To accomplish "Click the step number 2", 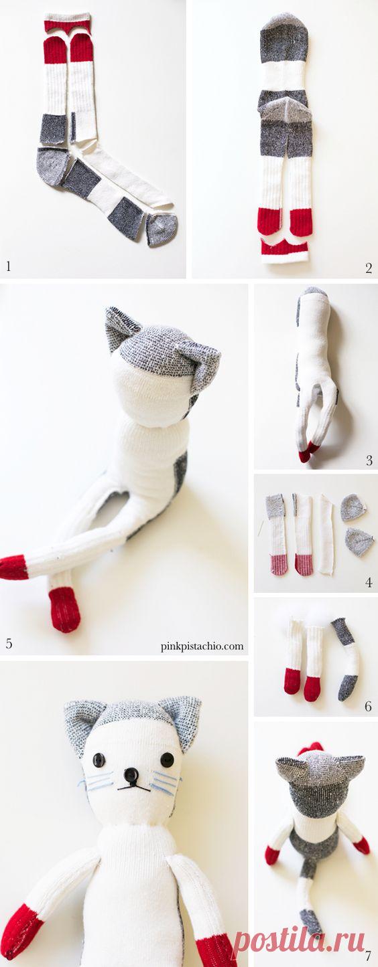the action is pyautogui.click(x=369, y=268).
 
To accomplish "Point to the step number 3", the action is pyautogui.click(x=369, y=460).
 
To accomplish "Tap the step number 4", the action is pyautogui.click(x=369, y=582).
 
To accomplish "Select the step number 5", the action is pyautogui.click(x=9, y=644).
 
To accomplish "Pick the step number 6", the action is pyautogui.click(x=368, y=706).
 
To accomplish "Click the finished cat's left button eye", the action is pyautogui.click(x=99, y=758).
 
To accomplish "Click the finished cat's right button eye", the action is pyautogui.click(x=167, y=758).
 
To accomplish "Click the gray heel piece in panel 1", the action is pyautogui.click(x=53, y=165).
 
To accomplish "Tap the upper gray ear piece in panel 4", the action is pyautogui.click(x=353, y=508).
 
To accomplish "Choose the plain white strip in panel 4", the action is pyautogui.click(x=326, y=535).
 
